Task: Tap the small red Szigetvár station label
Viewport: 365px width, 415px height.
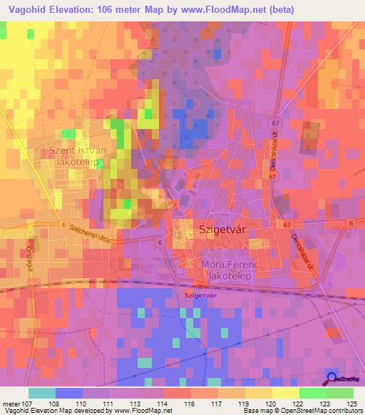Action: point(200,294)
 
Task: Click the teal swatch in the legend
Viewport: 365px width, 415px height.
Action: point(42,393)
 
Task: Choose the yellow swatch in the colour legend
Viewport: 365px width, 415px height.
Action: point(286,393)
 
